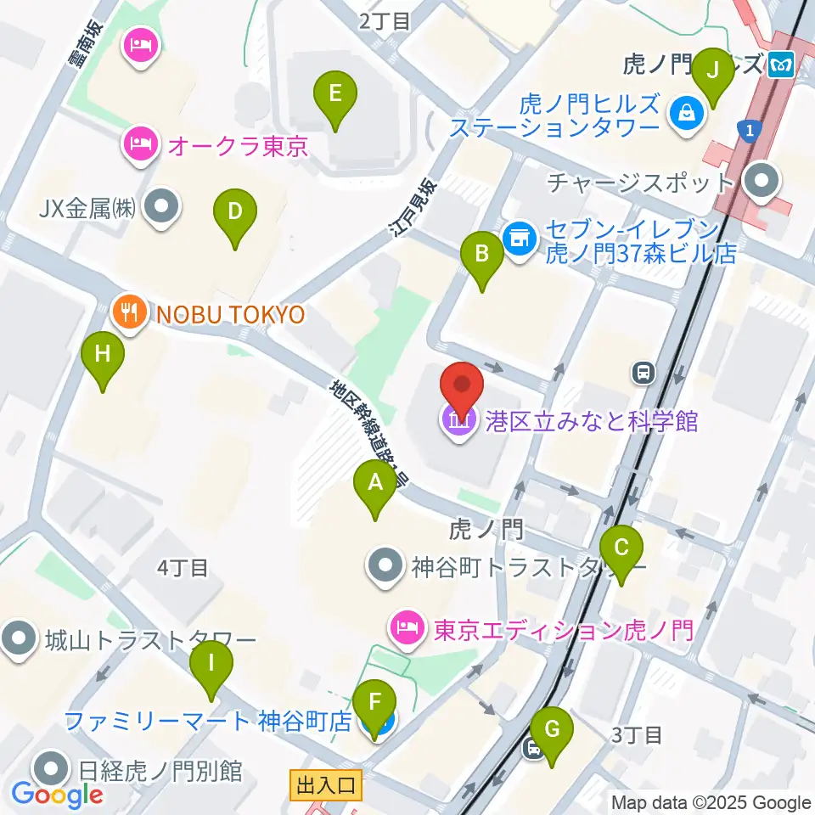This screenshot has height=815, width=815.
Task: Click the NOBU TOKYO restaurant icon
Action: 128,314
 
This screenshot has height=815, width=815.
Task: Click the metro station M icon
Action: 779,65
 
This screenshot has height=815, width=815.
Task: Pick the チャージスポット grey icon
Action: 761,181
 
